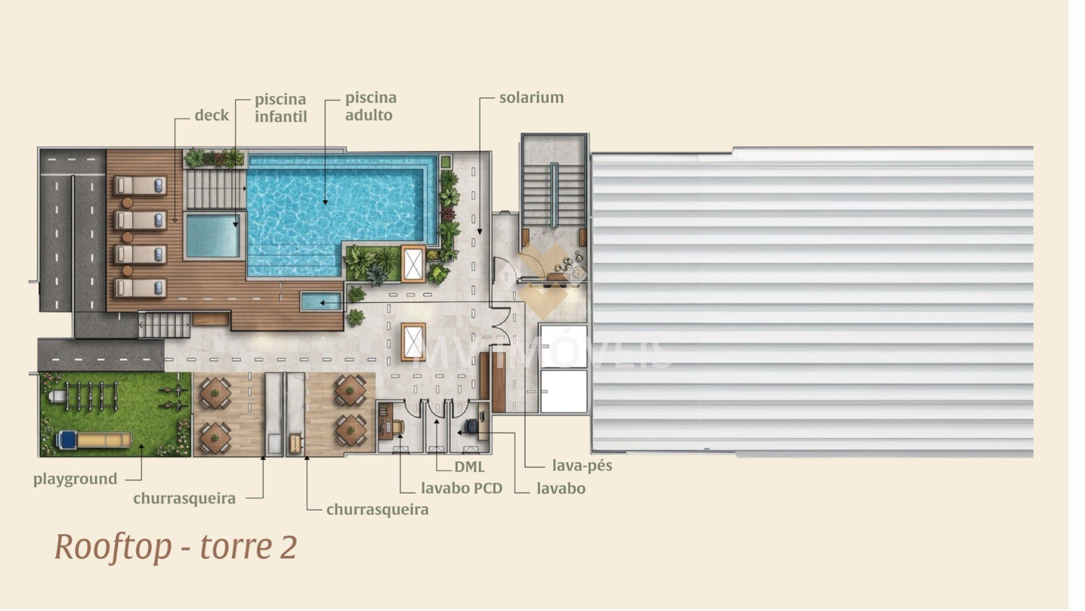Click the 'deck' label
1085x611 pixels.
(212, 115)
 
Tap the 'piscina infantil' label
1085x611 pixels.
(281, 108)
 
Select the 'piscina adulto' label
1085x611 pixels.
(371, 106)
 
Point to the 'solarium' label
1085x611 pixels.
(532, 97)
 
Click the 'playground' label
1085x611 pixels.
(75, 479)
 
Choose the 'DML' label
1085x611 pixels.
(470, 467)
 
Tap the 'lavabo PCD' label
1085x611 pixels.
(462, 488)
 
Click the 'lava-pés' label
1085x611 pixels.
(582, 466)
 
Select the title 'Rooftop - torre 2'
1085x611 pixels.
(176, 547)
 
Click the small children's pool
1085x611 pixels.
(213, 235)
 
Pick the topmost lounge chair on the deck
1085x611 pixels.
(140, 185)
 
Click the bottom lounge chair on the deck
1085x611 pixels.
(140, 288)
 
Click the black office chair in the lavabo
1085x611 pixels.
(472, 426)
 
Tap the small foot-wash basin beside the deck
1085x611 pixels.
(321, 301)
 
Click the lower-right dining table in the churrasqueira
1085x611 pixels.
(350, 431)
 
